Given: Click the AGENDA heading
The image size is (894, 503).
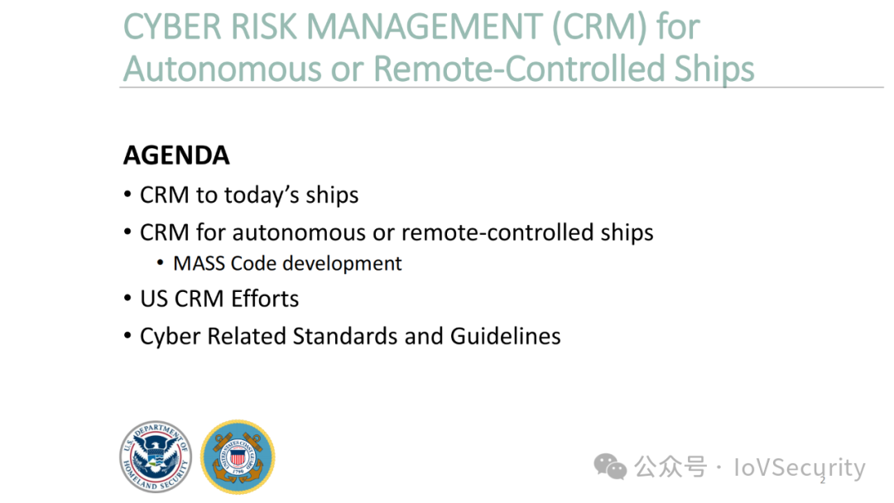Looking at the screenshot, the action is click(177, 156).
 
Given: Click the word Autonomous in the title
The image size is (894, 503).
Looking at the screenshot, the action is click(221, 69).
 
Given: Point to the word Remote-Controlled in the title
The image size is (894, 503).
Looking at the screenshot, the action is click(519, 69).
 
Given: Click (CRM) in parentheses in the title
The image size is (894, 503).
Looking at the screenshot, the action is click(599, 27).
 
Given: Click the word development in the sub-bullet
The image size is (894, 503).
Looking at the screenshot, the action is click(342, 264).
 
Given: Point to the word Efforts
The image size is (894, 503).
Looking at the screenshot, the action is click(265, 299).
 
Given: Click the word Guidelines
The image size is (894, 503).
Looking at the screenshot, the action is click(505, 336).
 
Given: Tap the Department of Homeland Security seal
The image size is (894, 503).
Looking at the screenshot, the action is click(156, 457).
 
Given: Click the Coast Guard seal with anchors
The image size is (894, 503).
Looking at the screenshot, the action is click(238, 457).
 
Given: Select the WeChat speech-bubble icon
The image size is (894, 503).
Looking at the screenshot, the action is click(610, 467).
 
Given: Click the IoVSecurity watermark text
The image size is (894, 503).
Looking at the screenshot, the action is click(800, 468).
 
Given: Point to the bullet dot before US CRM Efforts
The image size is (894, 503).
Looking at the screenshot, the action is click(127, 299).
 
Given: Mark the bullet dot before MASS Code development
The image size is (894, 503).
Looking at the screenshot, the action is click(161, 263).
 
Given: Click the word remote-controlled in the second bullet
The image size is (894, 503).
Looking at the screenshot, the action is click(497, 232).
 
